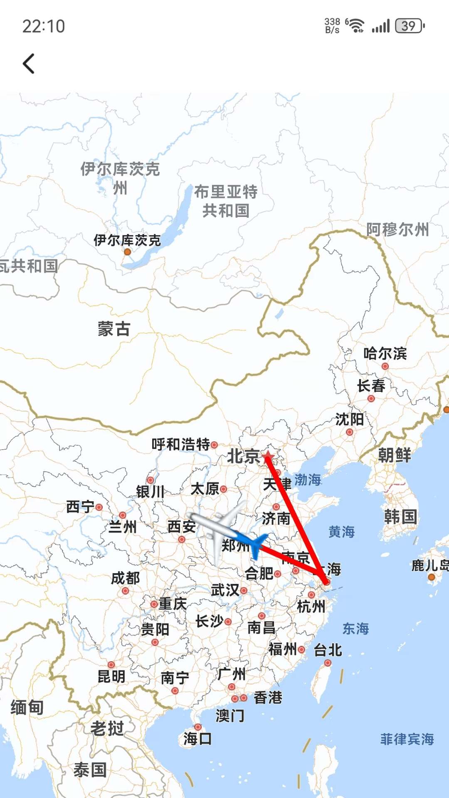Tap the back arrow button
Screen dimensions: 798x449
click(x=29, y=64)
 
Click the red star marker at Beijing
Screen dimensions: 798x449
click(x=268, y=456)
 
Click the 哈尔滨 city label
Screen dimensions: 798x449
click(x=385, y=354)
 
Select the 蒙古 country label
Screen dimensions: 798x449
click(x=114, y=329)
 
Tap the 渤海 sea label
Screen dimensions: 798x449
click(x=308, y=480)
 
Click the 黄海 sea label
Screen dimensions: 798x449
click(x=341, y=532)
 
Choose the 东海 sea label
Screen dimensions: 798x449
click(x=355, y=628)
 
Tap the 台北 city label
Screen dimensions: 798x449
click(x=328, y=650)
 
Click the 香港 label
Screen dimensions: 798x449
click(x=268, y=697)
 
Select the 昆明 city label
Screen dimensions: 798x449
click(x=111, y=677)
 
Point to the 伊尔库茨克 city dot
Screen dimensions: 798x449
click(x=128, y=252)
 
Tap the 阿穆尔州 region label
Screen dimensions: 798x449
click(x=397, y=229)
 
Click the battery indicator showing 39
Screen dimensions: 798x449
click(x=410, y=26)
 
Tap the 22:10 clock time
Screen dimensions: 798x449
click(x=44, y=26)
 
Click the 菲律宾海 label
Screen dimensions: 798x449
click(x=407, y=739)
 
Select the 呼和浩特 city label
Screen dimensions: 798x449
click(x=181, y=444)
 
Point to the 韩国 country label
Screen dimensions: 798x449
click(x=400, y=517)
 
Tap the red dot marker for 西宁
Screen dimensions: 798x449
click(x=99, y=507)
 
